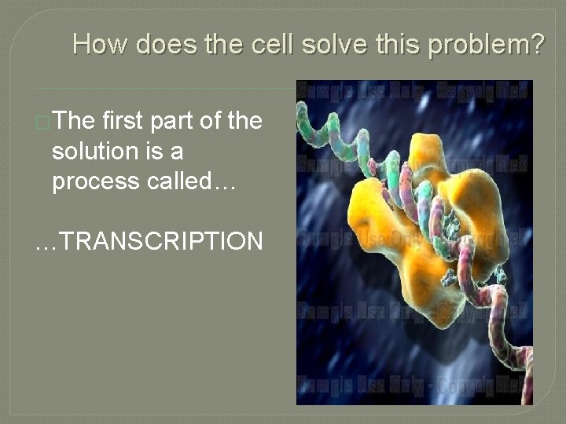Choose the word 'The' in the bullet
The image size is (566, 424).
75,122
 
